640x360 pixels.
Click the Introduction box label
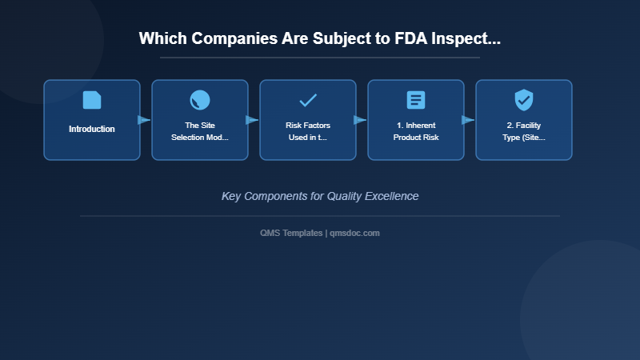click(x=92, y=130)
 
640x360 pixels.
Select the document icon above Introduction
click(x=92, y=100)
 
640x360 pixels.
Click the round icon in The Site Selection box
click(x=200, y=100)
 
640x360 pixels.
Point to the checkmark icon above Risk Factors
click(x=308, y=100)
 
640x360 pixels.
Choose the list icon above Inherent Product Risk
click(x=416, y=100)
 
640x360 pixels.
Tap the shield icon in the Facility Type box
click(x=524, y=100)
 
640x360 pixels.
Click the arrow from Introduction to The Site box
click(x=145, y=120)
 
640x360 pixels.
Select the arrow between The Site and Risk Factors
click(x=253, y=120)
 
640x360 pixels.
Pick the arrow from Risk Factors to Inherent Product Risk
click(x=361, y=120)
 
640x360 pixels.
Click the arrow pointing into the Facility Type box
click(x=469, y=120)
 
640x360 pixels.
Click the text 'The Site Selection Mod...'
click(x=200, y=131)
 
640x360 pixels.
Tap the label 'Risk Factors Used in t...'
click(x=308, y=131)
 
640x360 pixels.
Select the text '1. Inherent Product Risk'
click(x=416, y=131)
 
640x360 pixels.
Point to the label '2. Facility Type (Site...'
click(x=524, y=131)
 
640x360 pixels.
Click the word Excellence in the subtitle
click(x=391, y=196)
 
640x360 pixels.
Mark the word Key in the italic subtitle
click(x=231, y=196)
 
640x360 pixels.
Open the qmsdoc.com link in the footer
click(x=355, y=233)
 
